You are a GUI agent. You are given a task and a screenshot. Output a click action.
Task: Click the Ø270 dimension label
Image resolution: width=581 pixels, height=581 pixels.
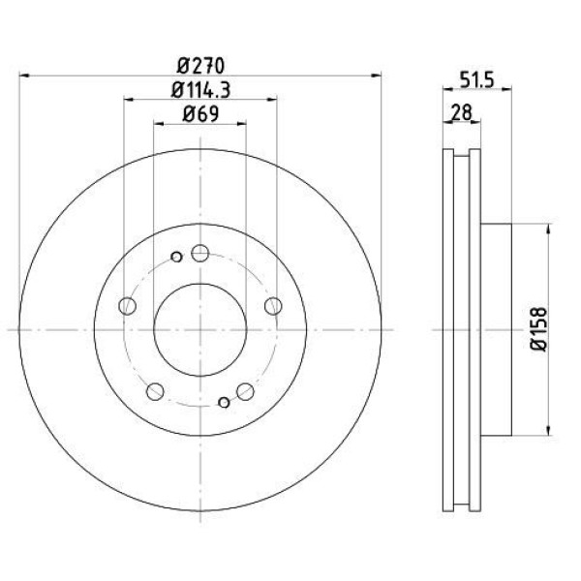tap(200, 66)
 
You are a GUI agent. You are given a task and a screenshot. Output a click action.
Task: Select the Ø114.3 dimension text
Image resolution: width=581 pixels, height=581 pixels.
tap(200, 90)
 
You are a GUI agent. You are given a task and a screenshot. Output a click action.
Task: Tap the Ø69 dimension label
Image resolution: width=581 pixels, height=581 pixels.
tap(200, 113)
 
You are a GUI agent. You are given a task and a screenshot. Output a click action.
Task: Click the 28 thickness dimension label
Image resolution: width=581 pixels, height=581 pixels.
tap(462, 112)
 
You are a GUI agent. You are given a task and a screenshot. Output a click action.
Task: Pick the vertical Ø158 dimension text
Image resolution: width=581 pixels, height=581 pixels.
tap(538, 329)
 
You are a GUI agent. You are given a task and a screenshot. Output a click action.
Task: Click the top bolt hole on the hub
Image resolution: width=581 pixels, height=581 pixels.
tap(200, 254)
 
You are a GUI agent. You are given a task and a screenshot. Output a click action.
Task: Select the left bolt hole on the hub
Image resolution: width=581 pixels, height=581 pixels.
tap(128, 306)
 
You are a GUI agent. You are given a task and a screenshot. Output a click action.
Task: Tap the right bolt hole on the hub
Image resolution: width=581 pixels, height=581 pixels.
tap(273, 306)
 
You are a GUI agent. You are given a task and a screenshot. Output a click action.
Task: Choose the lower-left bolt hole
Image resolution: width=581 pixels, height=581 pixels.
tap(155, 391)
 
